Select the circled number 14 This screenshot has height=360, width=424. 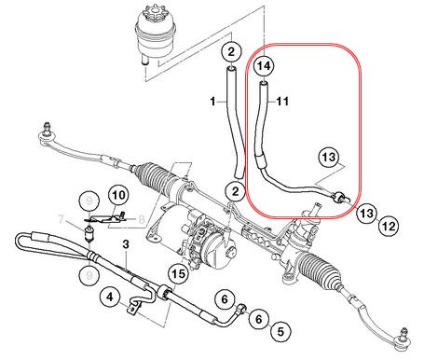[x=264, y=66]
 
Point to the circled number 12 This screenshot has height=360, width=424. [x=389, y=225]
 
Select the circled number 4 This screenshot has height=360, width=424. [x=110, y=299]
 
